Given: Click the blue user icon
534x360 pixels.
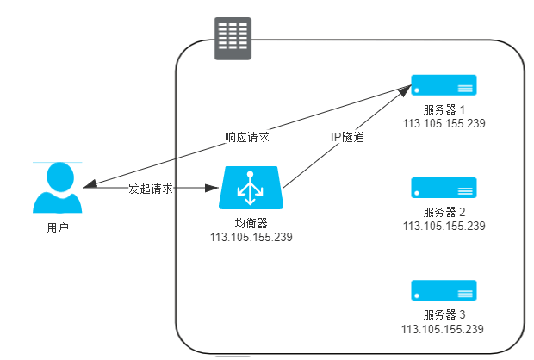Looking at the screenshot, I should pyautogui.click(x=58, y=188).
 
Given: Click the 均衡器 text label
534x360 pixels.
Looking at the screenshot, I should pyautogui.click(x=251, y=223).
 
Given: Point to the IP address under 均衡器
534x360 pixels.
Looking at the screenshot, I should pyautogui.click(x=251, y=237).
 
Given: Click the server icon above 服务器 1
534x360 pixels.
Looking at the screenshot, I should pyautogui.click(x=444, y=85).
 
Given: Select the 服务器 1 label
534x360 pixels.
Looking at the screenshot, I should pyautogui.click(x=444, y=110).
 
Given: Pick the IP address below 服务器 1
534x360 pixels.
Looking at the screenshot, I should pyautogui.click(x=444, y=123).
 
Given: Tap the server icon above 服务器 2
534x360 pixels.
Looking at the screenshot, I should pyautogui.click(x=444, y=188).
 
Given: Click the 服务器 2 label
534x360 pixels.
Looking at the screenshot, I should pyautogui.click(x=444, y=212).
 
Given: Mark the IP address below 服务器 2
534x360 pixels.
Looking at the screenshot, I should pyautogui.click(x=444, y=226).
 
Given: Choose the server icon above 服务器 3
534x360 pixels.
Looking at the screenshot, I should pyautogui.click(x=444, y=290).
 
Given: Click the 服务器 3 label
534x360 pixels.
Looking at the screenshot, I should pyautogui.click(x=444, y=315).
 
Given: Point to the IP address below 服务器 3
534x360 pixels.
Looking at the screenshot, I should pyautogui.click(x=444, y=329).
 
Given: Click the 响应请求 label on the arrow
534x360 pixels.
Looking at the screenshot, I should pyautogui.click(x=247, y=137).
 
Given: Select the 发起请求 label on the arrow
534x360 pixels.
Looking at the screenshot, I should pyautogui.click(x=151, y=189).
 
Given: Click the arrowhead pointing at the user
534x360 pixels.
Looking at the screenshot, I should pyautogui.click(x=90, y=184).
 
